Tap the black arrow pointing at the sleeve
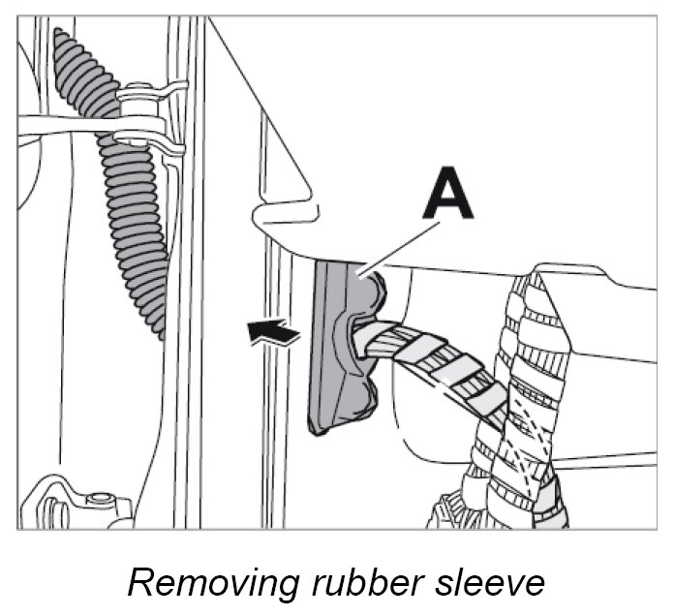pyautogui.click(x=274, y=334)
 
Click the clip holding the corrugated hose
pyautogui.click(x=145, y=116)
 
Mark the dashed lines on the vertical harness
pyautogui.click(x=528, y=426)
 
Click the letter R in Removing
pyautogui.click(x=140, y=582)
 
